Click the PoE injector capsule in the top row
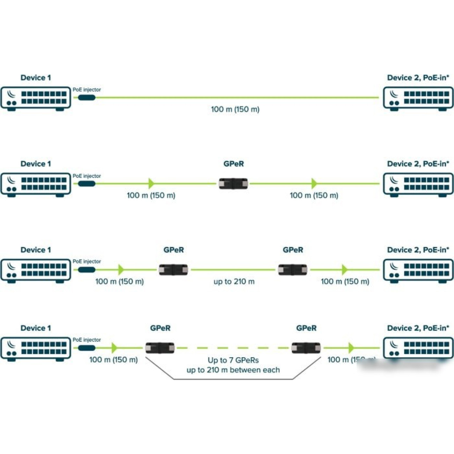[87, 97]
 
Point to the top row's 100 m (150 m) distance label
[235, 109]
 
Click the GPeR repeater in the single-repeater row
[233, 183]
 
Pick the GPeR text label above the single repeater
[234, 164]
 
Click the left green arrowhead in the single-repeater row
[151, 183]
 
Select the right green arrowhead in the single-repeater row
[314, 183]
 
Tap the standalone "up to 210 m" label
[234, 281]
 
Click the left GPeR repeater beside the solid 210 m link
[173, 270]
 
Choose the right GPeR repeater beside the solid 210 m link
[293, 270]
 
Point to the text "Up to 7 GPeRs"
[233, 360]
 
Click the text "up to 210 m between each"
[233, 370]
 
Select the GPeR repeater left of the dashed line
[160, 348]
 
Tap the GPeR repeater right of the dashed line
[306, 348]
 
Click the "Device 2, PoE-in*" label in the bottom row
[418, 328]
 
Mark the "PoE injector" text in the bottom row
[87, 340]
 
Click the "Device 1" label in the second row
[36, 164]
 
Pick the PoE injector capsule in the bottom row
[87, 348]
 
